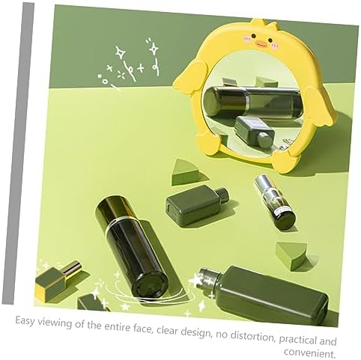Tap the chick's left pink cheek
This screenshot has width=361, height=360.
[x=247, y=38]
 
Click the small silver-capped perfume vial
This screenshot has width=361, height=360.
[x=276, y=202]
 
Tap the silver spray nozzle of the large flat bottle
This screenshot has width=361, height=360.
[x=209, y=278]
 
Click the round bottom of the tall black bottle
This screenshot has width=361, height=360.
[x=149, y=284]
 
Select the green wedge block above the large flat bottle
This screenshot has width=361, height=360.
[x=291, y=256]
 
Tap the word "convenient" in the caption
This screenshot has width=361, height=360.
[x=309, y=353]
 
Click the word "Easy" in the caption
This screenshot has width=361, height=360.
[x=25, y=320]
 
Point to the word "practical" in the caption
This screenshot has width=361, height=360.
[x=300, y=340]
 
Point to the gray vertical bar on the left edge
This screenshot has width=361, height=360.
[x=19, y=153]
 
